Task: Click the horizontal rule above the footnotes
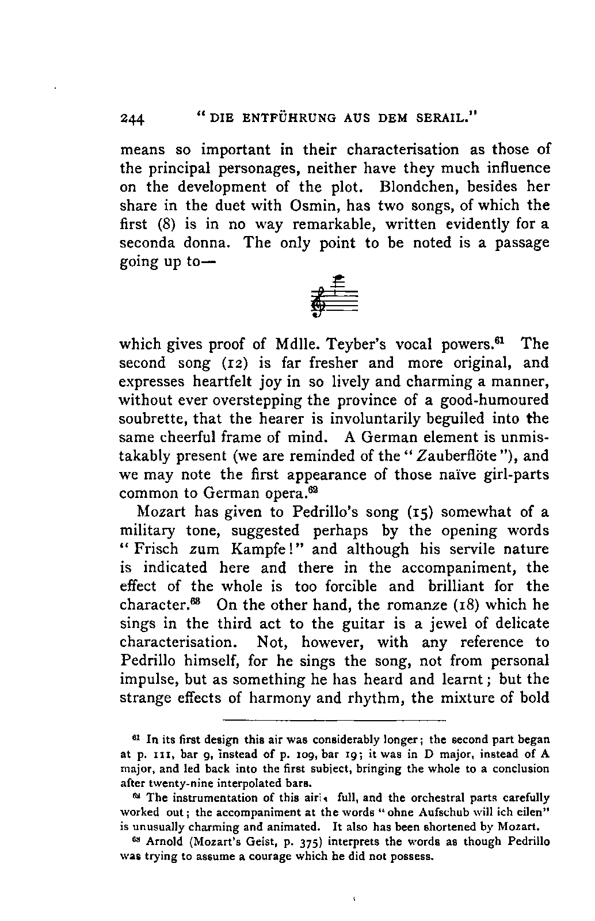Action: [334, 720]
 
